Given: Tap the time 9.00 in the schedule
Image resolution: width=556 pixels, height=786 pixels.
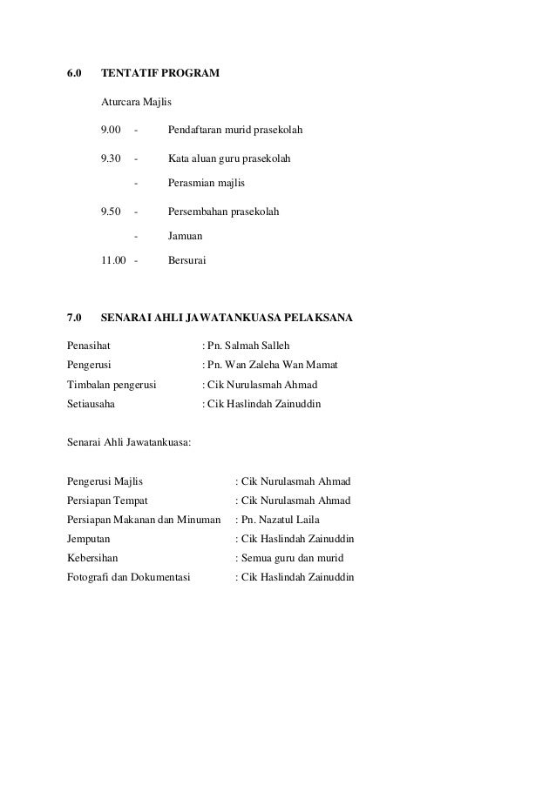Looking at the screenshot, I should pyautogui.click(x=111, y=131).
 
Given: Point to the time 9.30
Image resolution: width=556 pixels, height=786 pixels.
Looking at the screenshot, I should pyautogui.click(x=111, y=159).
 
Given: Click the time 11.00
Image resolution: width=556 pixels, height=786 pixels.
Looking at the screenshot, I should pyautogui.click(x=113, y=259).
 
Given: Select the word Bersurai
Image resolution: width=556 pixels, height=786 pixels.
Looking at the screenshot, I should pyautogui.click(x=187, y=259).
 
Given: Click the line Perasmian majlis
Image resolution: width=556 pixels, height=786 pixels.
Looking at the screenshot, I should pyautogui.click(x=207, y=184).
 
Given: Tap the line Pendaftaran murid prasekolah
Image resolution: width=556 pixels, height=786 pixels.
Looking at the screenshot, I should pyautogui.click(x=235, y=131).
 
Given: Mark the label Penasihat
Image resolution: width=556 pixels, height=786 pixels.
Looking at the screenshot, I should pyautogui.click(x=90, y=346).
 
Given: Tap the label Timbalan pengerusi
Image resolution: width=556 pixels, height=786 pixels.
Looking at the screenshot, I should pyautogui.click(x=111, y=385).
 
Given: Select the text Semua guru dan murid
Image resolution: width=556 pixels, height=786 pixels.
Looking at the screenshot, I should pyautogui.click(x=292, y=557).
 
